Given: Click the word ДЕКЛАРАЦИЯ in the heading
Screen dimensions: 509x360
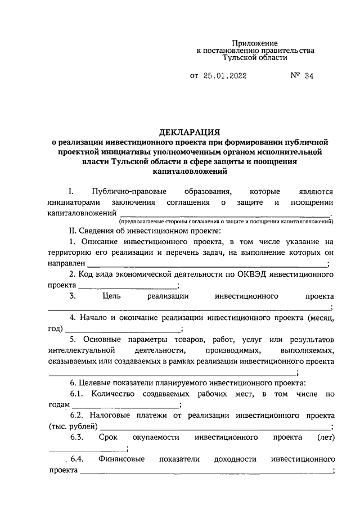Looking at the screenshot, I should click(190, 133).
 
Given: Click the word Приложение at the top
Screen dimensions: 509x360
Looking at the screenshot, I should click(255, 43).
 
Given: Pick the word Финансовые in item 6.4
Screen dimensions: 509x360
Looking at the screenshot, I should click(121, 459).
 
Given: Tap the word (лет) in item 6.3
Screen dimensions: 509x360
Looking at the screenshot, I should click(325, 437).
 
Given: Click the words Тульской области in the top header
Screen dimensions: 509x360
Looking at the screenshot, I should click(255, 57).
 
